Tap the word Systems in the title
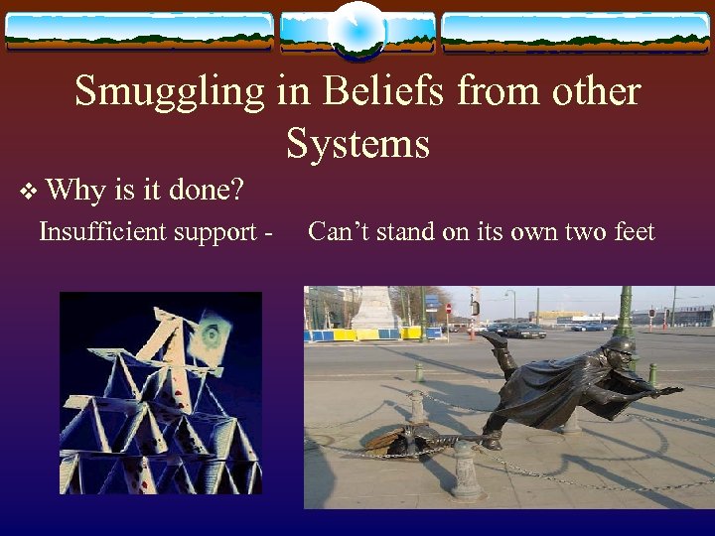tap(357, 143)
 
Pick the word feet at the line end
tap(631, 232)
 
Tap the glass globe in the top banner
tap(357, 29)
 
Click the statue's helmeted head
tap(620, 349)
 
